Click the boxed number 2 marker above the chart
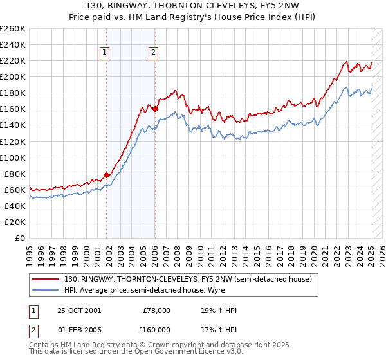153,53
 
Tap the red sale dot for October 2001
107,174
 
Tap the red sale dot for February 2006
156,109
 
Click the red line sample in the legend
46,279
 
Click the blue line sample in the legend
46,291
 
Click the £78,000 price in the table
156,310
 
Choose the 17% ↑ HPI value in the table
219,329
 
